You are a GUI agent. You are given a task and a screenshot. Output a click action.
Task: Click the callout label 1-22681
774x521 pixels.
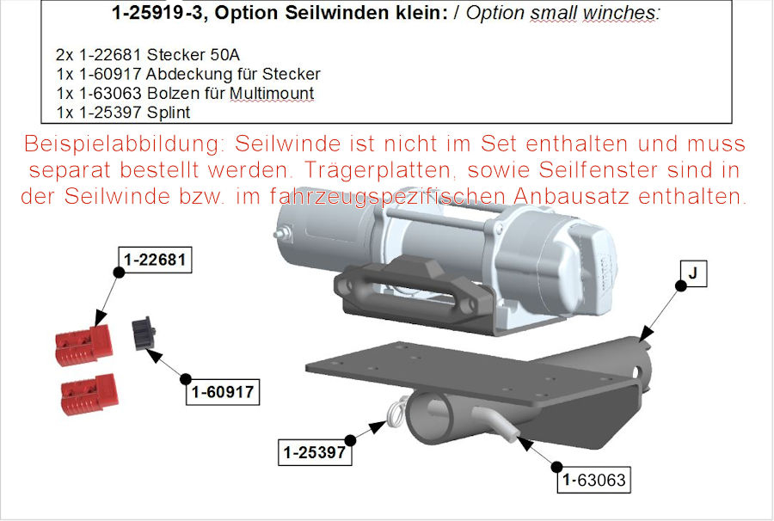tap(155, 260)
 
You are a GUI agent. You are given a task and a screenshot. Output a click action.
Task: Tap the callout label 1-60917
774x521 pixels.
tap(223, 392)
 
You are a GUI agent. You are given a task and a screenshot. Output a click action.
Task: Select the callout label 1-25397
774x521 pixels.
tap(315, 452)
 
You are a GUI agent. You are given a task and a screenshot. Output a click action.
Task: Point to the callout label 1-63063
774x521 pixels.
tap(593, 480)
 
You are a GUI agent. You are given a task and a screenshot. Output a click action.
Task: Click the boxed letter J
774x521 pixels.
tap(693, 273)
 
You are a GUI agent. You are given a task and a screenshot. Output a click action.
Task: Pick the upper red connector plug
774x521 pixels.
tap(84, 343)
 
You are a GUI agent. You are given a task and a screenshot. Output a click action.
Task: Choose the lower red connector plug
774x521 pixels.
tap(89, 393)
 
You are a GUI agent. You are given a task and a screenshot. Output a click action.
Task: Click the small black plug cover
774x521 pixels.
tap(144, 333)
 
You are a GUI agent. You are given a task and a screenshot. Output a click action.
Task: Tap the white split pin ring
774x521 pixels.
tap(398, 413)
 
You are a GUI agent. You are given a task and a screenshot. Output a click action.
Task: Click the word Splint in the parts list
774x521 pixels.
tap(169, 113)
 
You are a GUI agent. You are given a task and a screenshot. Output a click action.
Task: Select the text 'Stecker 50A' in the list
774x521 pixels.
tap(193, 54)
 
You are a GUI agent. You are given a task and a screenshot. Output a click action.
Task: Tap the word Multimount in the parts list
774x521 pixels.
tap(272, 93)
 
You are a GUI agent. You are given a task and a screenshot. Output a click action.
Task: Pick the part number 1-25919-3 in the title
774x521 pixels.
tap(157, 13)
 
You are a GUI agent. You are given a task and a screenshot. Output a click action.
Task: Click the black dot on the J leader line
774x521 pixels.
tap(681, 285)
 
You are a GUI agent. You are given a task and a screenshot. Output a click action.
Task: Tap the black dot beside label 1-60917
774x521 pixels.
tap(186, 379)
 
